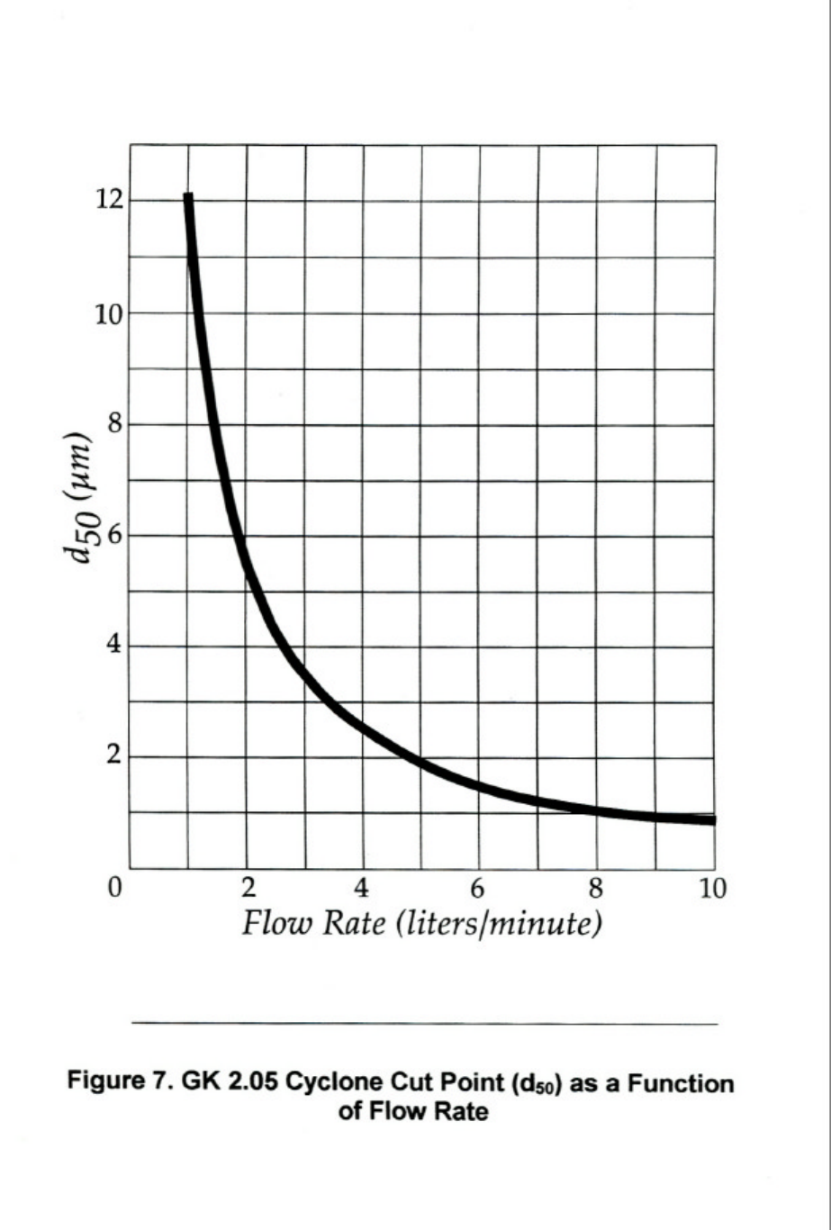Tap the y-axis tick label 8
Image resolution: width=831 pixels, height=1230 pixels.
click(115, 425)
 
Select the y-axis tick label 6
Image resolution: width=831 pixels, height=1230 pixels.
click(115, 536)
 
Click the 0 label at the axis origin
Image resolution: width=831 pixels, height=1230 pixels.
click(114, 889)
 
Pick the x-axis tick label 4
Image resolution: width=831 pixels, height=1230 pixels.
click(362, 889)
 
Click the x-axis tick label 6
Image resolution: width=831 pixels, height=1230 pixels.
click(478, 889)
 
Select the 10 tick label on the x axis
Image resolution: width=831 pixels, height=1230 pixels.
click(711, 889)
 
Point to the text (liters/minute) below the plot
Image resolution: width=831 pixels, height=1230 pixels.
click(499, 925)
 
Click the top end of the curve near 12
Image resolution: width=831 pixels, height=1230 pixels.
click(187, 196)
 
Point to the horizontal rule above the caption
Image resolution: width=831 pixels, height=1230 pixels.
click(424, 1024)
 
